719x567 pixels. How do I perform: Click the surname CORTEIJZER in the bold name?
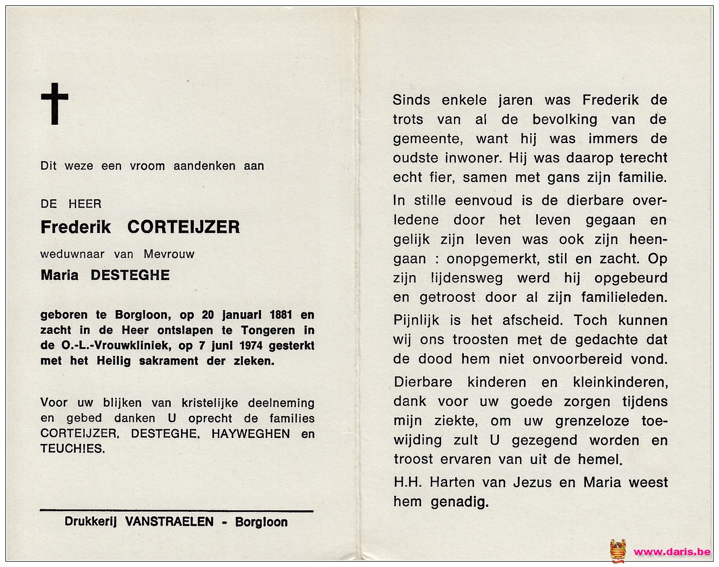(183, 227)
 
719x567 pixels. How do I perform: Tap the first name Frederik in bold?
(76, 227)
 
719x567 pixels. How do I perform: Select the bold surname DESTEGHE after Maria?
(130, 275)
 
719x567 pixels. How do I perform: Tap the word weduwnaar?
(72, 254)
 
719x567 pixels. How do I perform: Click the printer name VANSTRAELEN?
(169, 522)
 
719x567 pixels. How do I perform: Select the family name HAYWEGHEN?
(250, 434)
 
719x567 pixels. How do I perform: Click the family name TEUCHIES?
(72, 449)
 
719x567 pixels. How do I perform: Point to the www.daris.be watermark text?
(672, 552)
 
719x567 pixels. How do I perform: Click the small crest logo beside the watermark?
(617, 551)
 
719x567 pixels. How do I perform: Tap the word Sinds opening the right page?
(411, 100)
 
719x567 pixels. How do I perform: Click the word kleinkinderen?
(620, 382)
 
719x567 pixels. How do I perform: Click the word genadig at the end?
(460, 502)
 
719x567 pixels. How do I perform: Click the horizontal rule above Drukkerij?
(177, 510)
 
